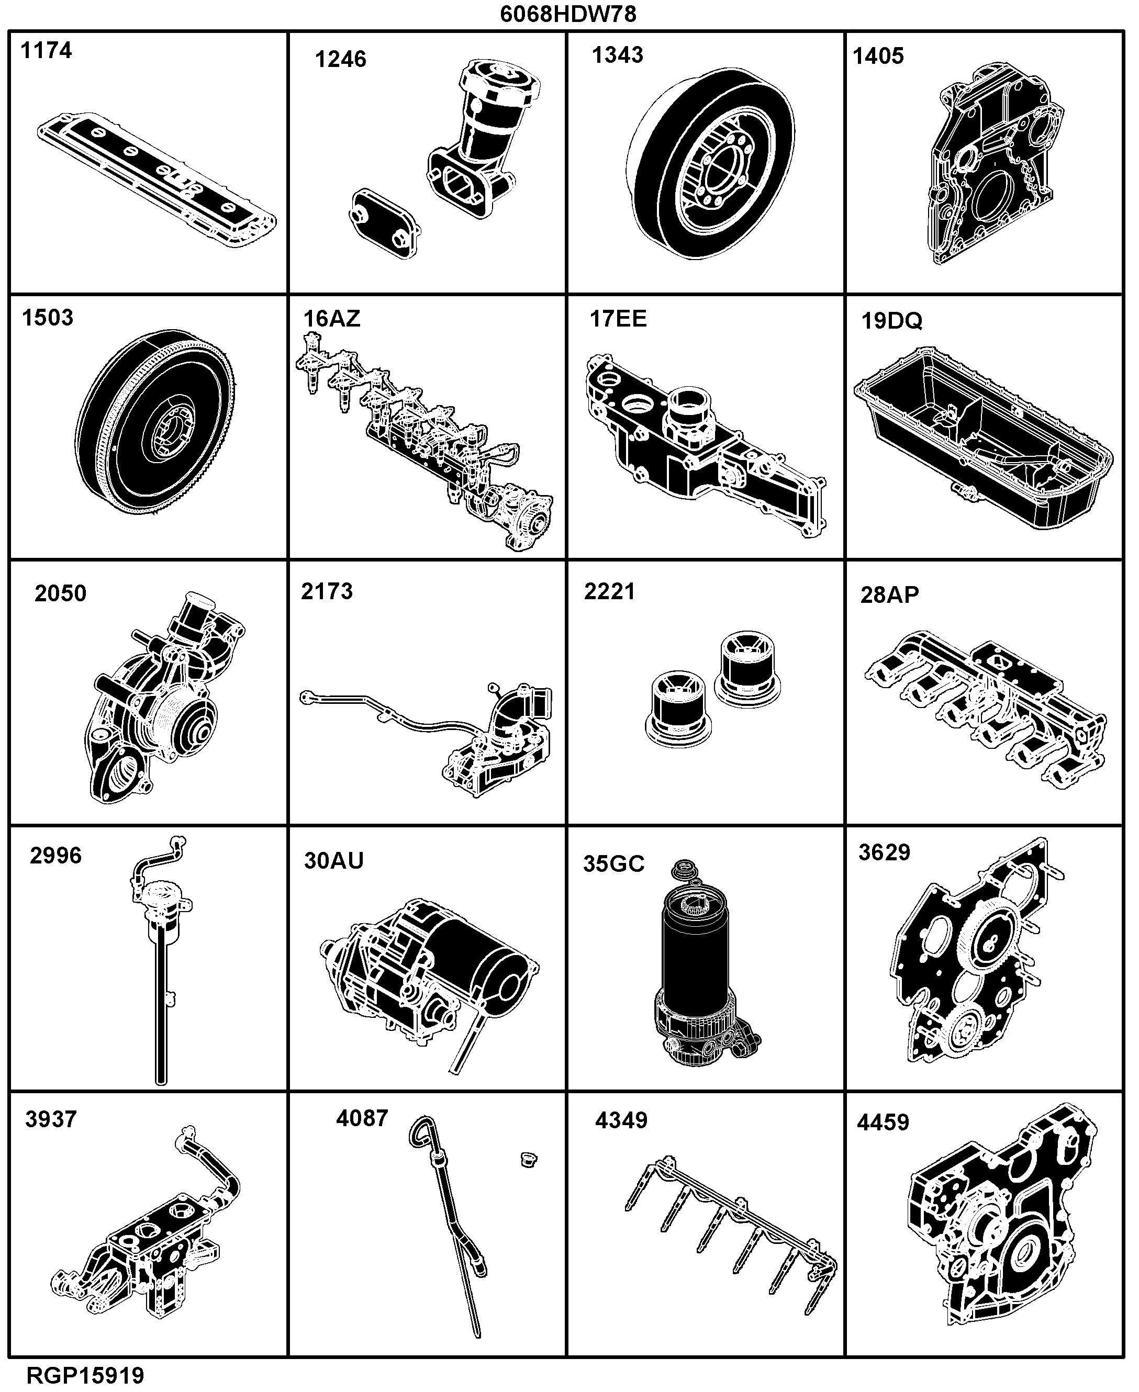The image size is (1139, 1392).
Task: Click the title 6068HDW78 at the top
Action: [x=568, y=14]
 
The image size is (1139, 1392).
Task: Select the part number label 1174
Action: [x=46, y=51]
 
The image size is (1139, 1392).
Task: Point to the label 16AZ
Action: [x=331, y=318]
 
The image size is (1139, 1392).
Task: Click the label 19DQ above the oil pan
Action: [x=891, y=321]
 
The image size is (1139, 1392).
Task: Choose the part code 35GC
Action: [x=613, y=864]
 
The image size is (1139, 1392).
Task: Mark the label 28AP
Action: [x=890, y=594]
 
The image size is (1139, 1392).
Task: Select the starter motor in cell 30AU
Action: [x=430, y=984]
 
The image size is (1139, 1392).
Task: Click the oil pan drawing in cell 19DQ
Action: [x=983, y=438]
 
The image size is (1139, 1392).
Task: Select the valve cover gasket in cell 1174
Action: [x=156, y=179]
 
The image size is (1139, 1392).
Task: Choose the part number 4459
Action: [x=883, y=1122]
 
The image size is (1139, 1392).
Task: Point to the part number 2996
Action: [x=56, y=856]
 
